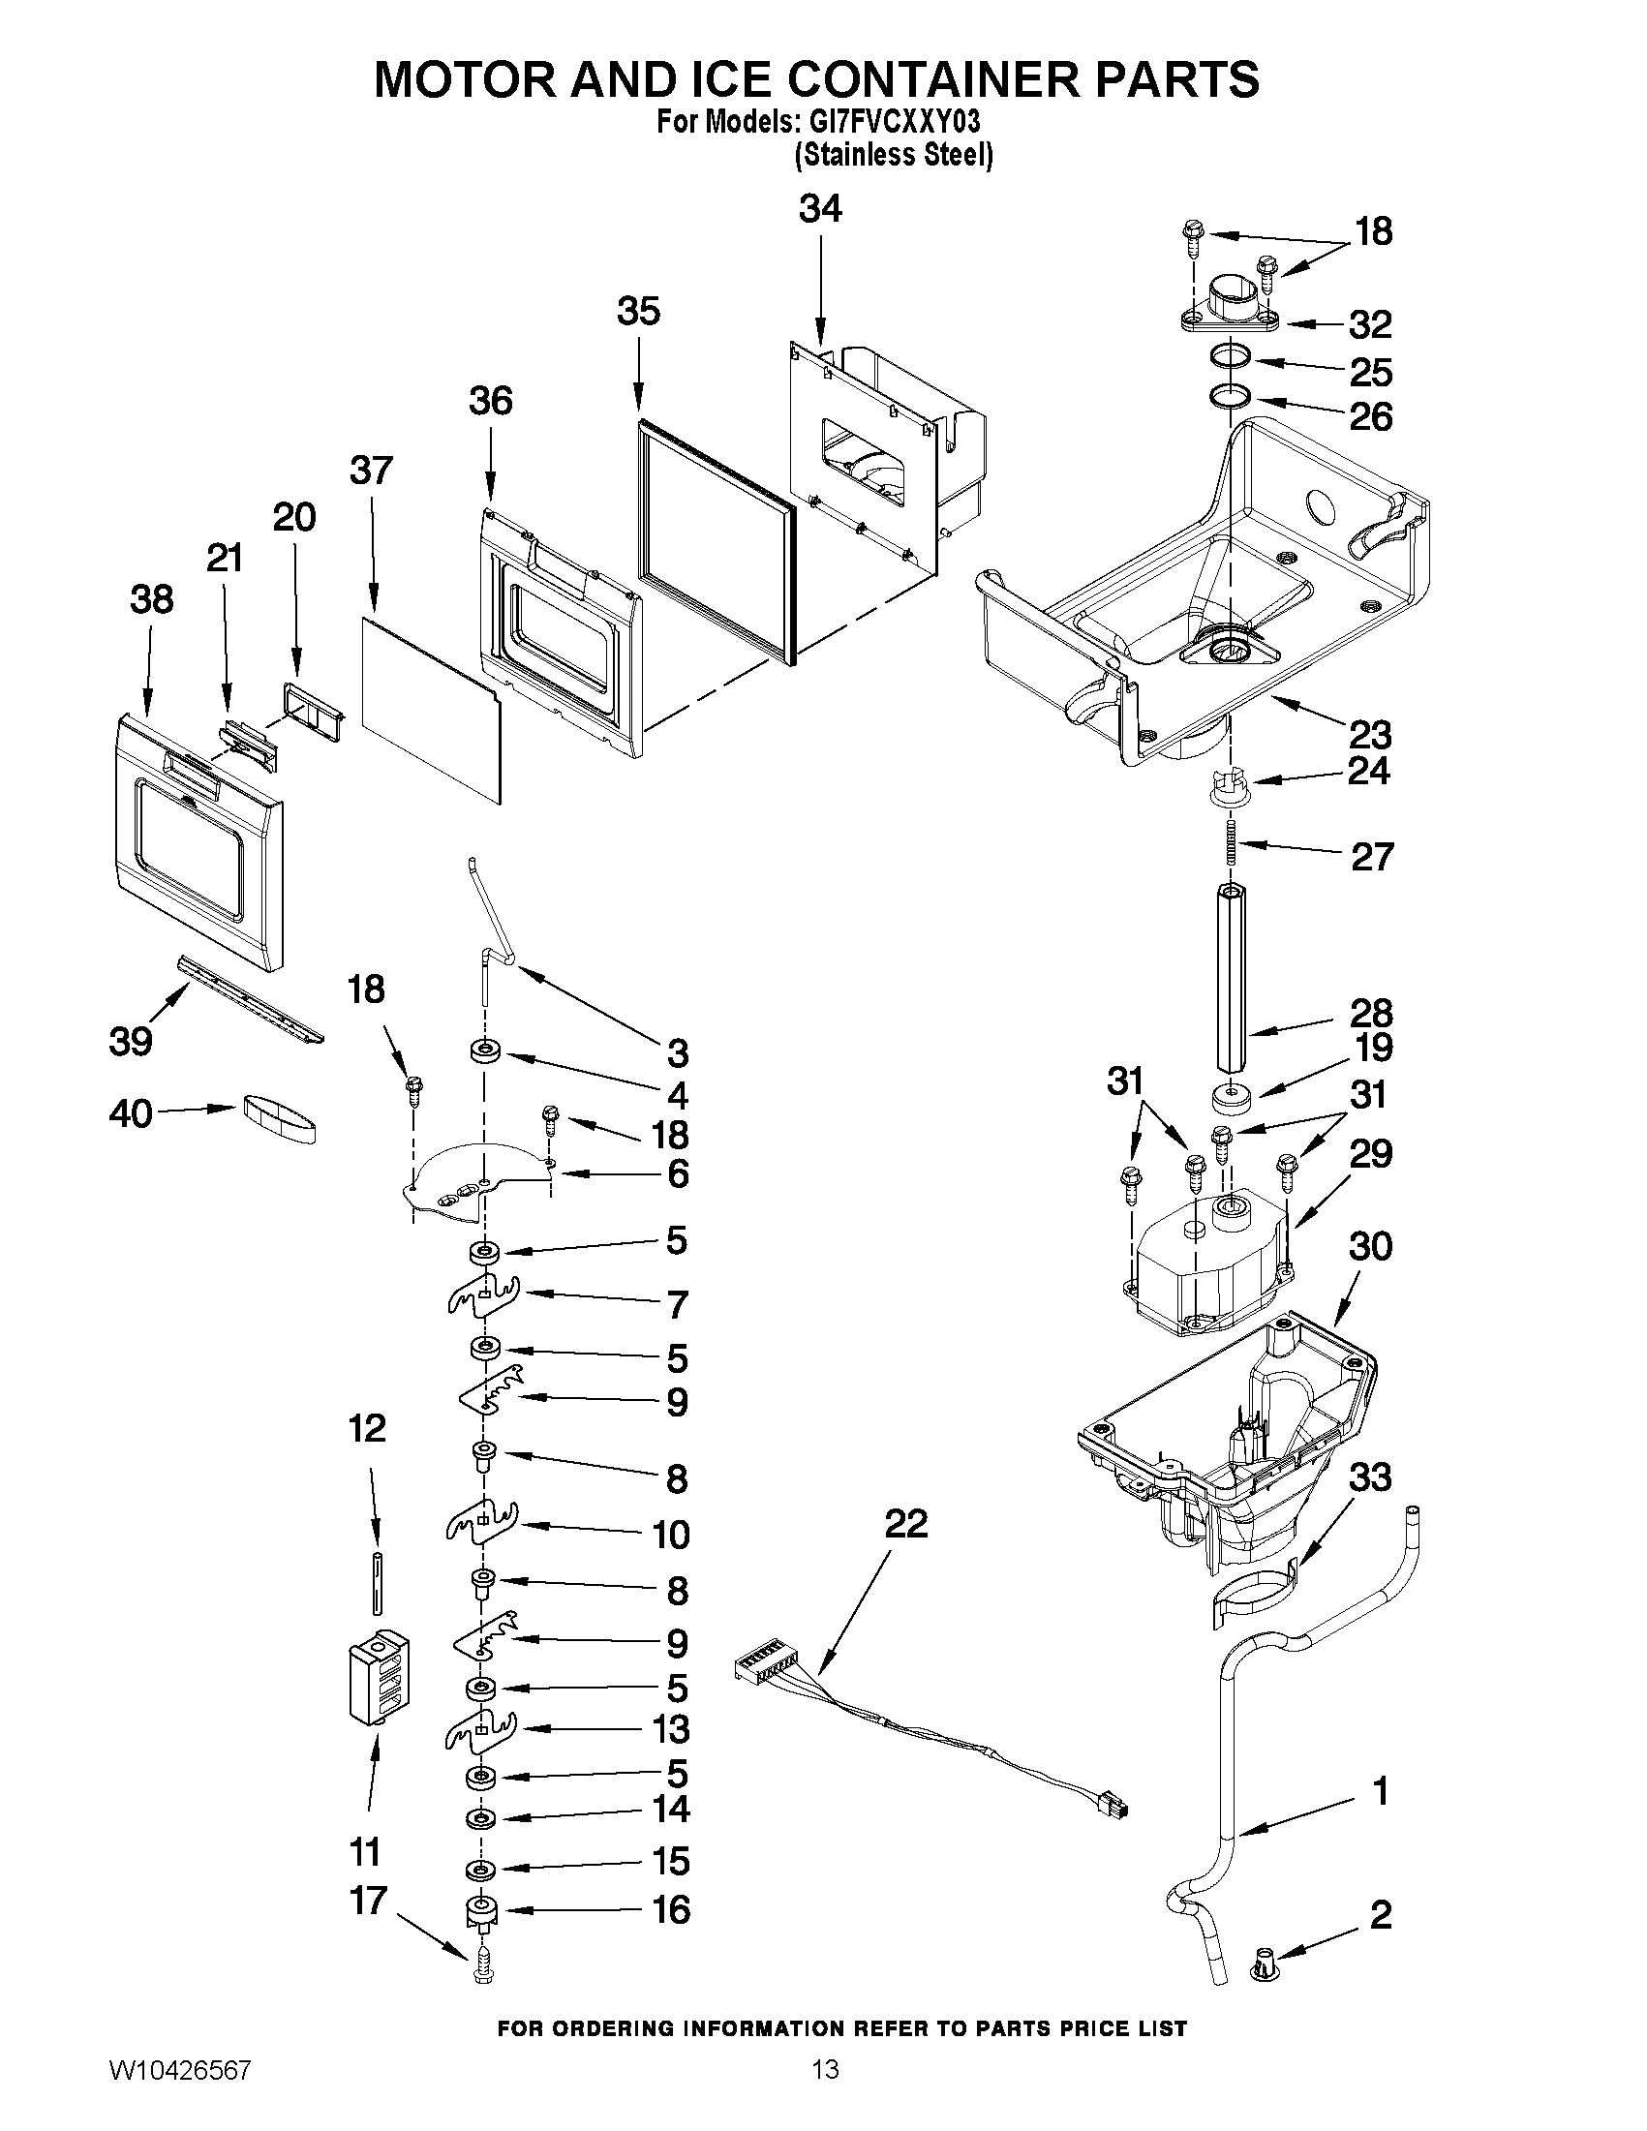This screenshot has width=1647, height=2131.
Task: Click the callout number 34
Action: pos(819,209)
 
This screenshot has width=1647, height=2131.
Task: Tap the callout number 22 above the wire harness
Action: pos(905,1523)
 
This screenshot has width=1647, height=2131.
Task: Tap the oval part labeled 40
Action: pos(279,1117)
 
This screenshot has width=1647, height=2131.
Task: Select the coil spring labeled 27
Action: pos(1233,840)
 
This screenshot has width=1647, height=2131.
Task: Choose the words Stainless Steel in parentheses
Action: pos(894,154)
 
